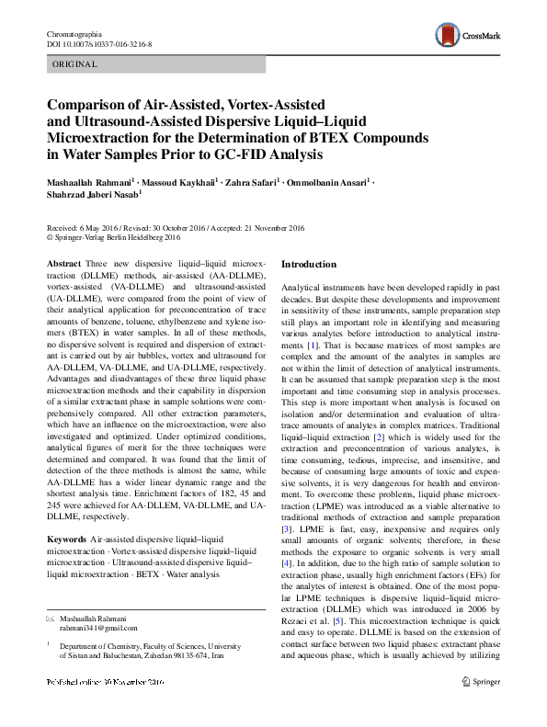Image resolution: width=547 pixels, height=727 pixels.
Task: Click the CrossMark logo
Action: (x=468, y=34)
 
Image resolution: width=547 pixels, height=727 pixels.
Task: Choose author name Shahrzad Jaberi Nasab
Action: (x=87, y=196)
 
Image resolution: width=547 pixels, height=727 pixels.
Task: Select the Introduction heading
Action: (x=309, y=265)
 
